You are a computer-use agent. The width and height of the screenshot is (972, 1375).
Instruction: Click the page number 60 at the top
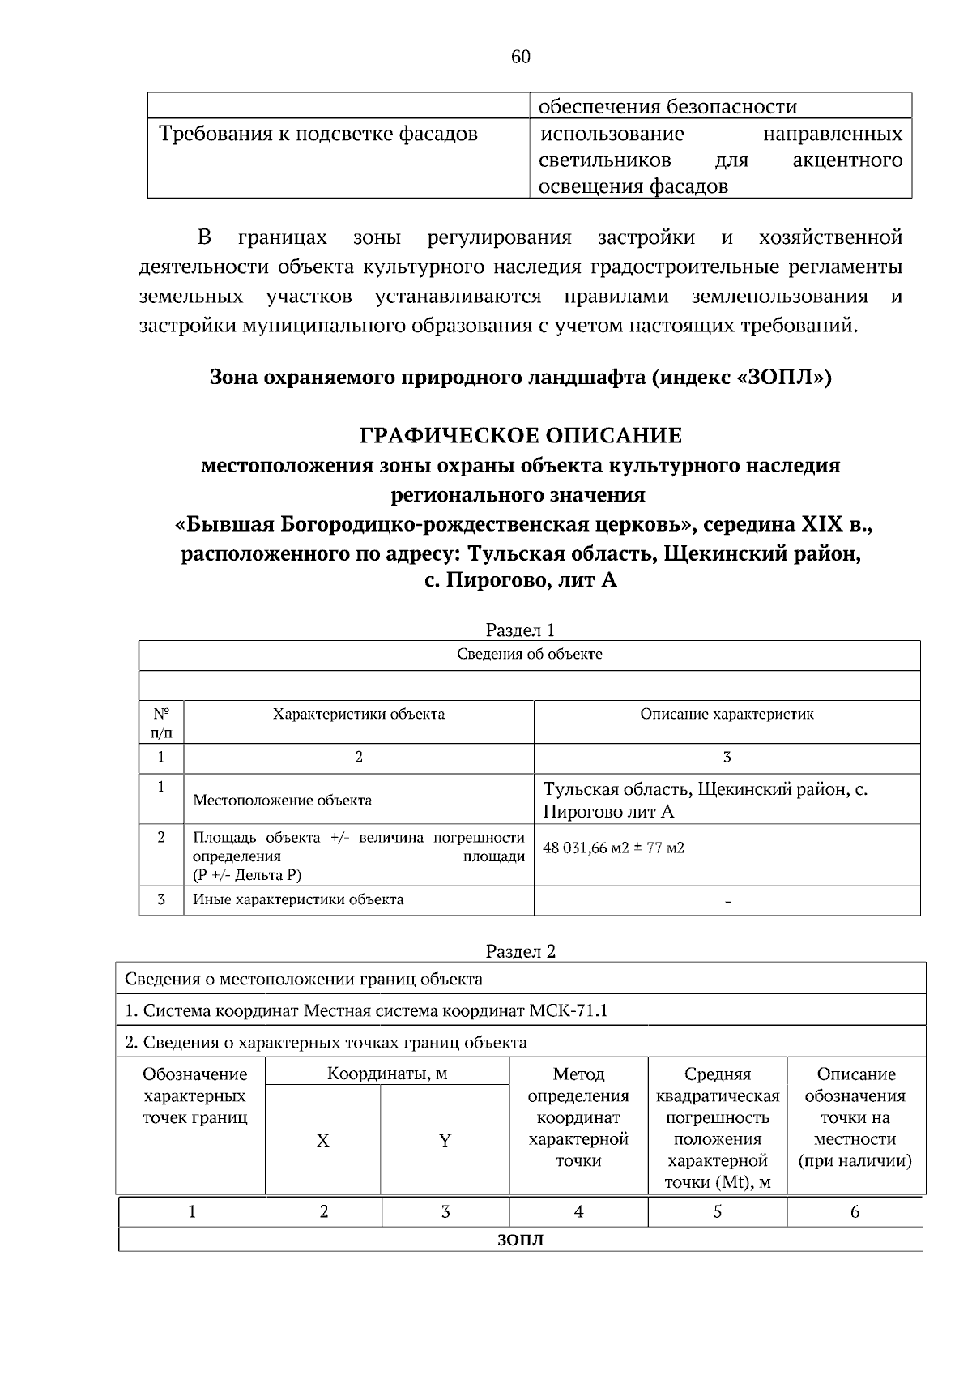coord(521,57)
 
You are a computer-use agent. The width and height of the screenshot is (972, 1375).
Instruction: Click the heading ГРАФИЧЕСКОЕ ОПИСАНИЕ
coord(521,436)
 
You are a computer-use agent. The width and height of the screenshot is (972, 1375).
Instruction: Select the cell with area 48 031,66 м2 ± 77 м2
coord(613,848)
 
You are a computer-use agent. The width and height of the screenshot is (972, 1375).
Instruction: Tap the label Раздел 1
coord(520,630)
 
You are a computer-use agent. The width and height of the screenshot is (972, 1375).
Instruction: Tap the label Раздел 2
coord(520,951)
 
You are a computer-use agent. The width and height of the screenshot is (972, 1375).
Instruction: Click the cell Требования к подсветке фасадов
coord(318,134)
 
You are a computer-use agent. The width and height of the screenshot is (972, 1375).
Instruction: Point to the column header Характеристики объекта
coord(358,715)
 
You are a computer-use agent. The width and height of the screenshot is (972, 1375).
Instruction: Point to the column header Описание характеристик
coord(727,715)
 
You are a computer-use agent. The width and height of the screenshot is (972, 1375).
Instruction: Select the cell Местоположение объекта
coord(282,801)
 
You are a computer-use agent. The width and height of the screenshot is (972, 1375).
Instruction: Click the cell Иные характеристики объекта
coord(298,899)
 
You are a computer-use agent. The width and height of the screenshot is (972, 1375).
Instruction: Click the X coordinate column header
coord(322,1141)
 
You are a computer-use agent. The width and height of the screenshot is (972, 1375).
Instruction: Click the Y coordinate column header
coord(445,1141)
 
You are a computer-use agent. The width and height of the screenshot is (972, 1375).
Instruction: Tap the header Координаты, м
coord(387,1074)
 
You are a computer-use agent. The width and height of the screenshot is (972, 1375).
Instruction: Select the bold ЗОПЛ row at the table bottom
coord(520,1240)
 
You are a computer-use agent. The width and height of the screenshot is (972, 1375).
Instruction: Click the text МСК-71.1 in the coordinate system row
coord(569,1010)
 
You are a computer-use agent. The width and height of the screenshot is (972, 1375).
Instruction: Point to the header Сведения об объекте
coord(529,655)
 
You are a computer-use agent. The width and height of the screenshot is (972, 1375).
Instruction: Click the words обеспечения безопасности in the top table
coord(667,107)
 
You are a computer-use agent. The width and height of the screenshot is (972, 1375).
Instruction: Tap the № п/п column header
coord(161,723)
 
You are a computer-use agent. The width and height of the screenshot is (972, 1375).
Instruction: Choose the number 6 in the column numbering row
coord(855,1212)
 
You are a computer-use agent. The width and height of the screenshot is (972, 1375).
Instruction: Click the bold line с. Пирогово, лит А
coord(521,581)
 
